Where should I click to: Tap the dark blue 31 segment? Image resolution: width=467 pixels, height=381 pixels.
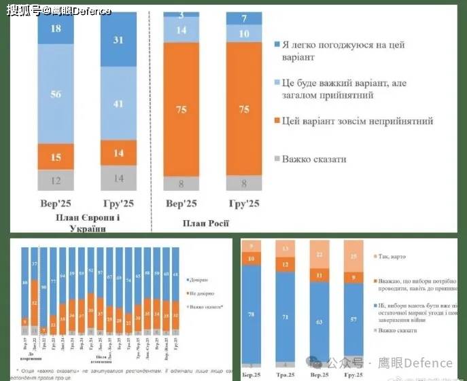coord(118,41)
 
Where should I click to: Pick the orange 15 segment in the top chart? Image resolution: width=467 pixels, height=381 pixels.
coord(56,157)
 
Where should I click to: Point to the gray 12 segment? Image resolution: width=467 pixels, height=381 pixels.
coord(56,180)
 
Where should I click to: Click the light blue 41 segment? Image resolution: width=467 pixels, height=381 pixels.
coord(118,103)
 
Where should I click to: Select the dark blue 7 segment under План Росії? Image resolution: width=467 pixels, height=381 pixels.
coord(243,18)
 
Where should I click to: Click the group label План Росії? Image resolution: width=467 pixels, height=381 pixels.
coord(205,223)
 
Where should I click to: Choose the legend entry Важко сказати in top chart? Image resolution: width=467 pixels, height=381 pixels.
coord(314,159)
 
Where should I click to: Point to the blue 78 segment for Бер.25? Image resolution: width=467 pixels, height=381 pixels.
coord(253,314)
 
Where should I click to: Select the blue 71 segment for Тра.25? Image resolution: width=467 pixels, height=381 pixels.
coord(286,316)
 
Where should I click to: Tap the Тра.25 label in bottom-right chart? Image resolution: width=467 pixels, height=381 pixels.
coord(286,375)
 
